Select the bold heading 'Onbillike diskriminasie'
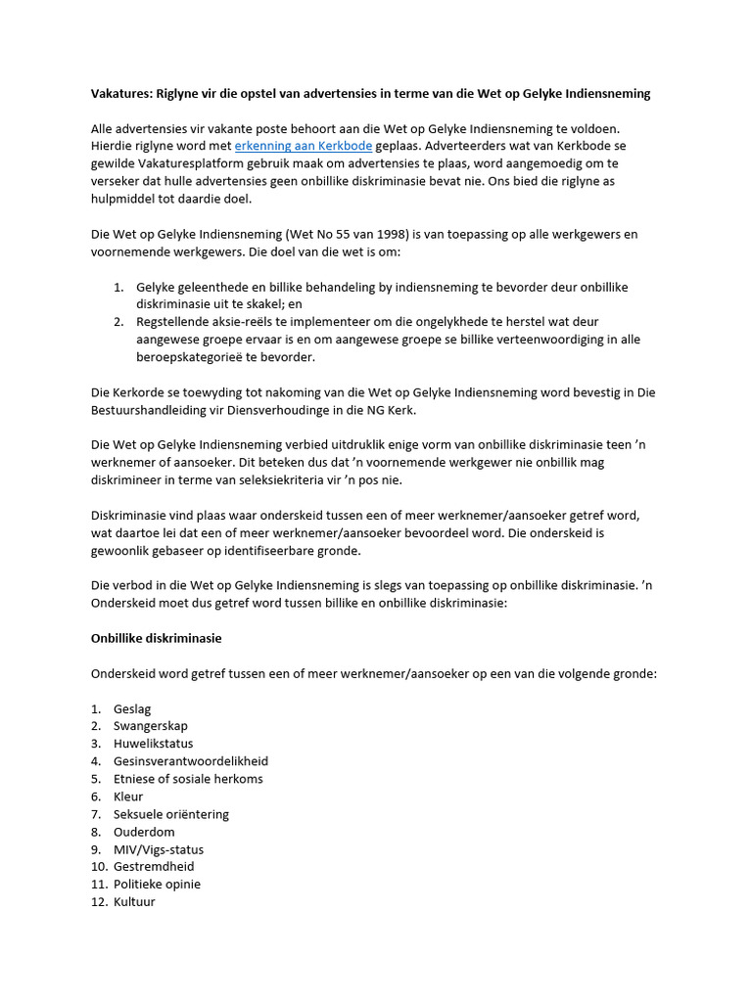[x=157, y=638]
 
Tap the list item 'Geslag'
[x=132, y=708]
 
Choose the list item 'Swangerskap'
[x=150, y=726]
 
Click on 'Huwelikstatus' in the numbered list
[x=153, y=744]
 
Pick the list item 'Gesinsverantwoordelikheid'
[x=190, y=761]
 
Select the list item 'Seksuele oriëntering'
[x=170, y=814]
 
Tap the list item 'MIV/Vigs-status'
[x=159, y=849]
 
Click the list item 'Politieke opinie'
[x=157, y=884]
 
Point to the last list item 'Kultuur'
[x=134, y=901]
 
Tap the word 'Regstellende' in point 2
[x=175, y=321]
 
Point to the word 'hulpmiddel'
[x=124, y=199]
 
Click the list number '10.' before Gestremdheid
[x=99, y=867]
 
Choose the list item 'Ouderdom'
[x=144, y=832]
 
